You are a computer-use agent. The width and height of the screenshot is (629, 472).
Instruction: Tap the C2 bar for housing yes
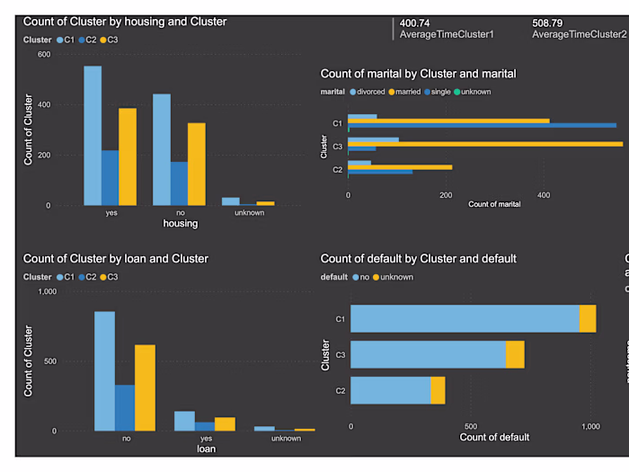110,177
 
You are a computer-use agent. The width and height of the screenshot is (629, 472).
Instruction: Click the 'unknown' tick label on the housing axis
248,213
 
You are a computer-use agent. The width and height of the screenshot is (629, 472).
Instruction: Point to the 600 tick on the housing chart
43,54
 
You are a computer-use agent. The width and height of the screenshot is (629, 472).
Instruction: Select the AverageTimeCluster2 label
579,34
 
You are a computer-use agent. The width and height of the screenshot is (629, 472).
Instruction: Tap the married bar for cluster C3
485,144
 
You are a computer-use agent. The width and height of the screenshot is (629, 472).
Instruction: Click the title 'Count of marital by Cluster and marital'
418,74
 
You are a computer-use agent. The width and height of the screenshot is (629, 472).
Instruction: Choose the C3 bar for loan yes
225,423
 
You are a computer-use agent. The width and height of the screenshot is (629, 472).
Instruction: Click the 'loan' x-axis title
207,448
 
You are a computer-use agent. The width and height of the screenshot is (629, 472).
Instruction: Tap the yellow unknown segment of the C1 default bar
588,319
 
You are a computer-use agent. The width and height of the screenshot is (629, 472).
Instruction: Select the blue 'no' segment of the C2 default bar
390,390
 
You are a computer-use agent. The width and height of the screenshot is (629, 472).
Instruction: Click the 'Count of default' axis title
493,438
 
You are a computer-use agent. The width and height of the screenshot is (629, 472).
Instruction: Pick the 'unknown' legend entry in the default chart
396,277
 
